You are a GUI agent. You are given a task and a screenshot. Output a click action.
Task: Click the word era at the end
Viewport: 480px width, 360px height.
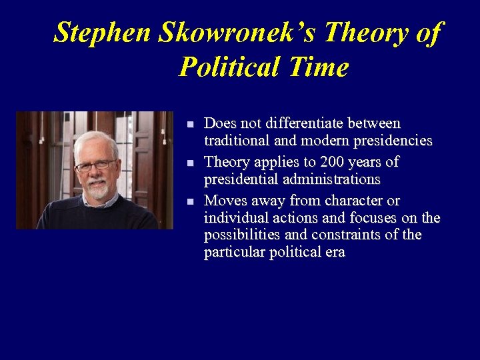pyautogui.click(x=335, y=253)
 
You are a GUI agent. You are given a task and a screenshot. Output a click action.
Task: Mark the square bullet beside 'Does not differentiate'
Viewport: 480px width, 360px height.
pyautogui.click(x=190, y=125)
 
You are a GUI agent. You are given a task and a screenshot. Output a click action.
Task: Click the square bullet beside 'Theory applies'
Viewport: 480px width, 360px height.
pyautogui.click(x=190, y=163)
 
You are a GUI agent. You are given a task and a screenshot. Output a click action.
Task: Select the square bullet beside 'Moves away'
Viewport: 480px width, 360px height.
pyautogui.click(x=190, y=202)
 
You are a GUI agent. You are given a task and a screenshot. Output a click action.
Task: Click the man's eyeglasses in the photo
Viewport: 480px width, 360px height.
pyautogui.click(x=95, y=165)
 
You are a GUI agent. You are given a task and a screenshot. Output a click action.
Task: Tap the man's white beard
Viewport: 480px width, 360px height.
pyautogui.click(x=98, y=192)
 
